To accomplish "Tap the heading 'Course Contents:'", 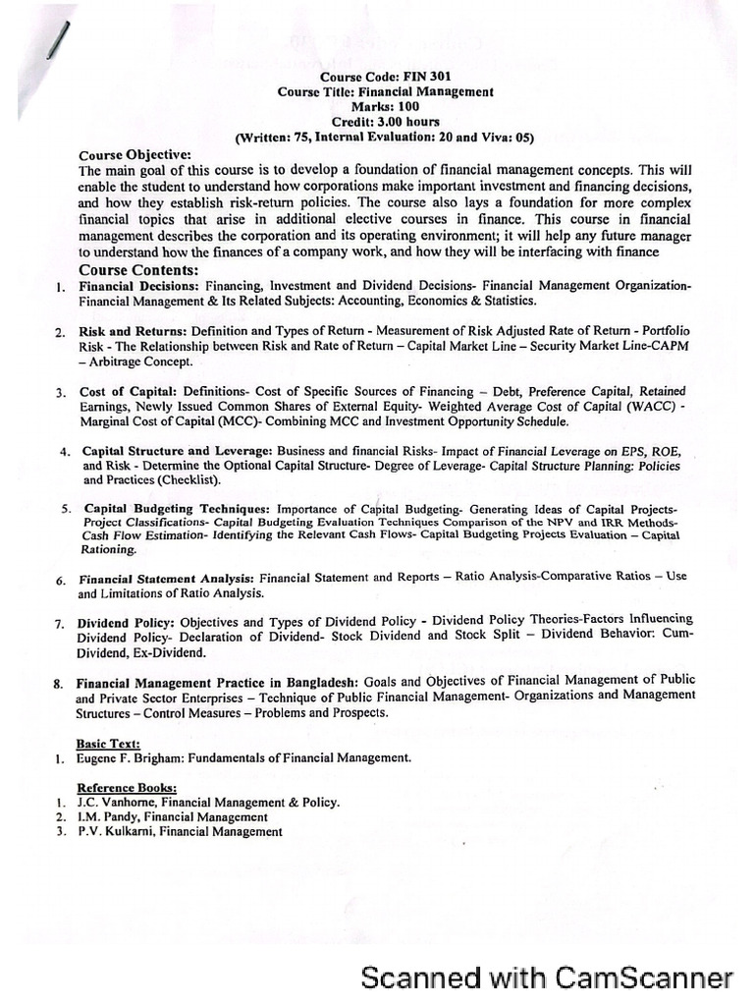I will (138, 270).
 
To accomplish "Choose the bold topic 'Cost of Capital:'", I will (130, 392).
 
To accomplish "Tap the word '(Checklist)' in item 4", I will (186, 480).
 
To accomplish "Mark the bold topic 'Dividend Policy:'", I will (127, 623).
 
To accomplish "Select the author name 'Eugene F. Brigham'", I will (136, 758).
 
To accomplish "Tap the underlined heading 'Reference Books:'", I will (128, 788).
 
